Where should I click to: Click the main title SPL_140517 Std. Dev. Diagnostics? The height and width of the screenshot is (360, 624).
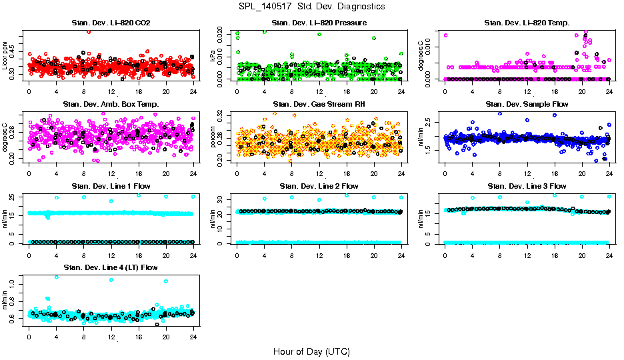pyautogui.click(x=311, y=7)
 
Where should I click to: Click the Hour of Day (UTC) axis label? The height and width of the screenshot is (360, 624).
pyautogui.click(x=311, y=351)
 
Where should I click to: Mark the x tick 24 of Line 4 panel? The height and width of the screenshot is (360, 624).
pyautogui.click(x=193, y=337)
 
